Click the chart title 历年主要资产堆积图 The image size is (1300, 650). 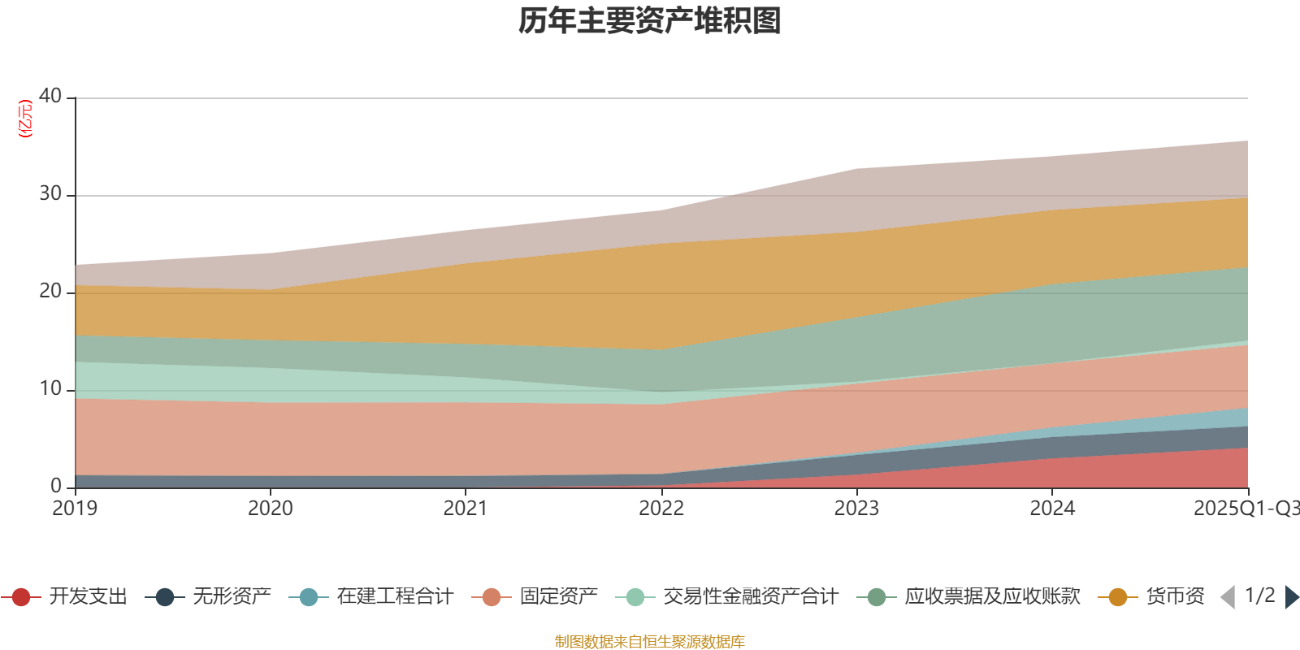650,21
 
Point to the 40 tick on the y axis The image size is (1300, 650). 50,96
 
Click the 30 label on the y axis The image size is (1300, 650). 50,193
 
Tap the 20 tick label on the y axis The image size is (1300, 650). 50,291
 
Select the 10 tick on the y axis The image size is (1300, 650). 50,388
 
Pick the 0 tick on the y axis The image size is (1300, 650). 56,486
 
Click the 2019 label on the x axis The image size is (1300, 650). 75,509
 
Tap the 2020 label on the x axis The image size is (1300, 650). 271,509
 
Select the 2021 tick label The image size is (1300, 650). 466,509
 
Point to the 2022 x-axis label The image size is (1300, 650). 661,509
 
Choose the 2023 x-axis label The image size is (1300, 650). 857,509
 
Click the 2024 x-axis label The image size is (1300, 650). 1052,509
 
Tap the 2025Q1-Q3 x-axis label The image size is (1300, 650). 1246,509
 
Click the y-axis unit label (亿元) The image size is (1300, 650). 26,119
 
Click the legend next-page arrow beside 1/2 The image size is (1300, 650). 1291,597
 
